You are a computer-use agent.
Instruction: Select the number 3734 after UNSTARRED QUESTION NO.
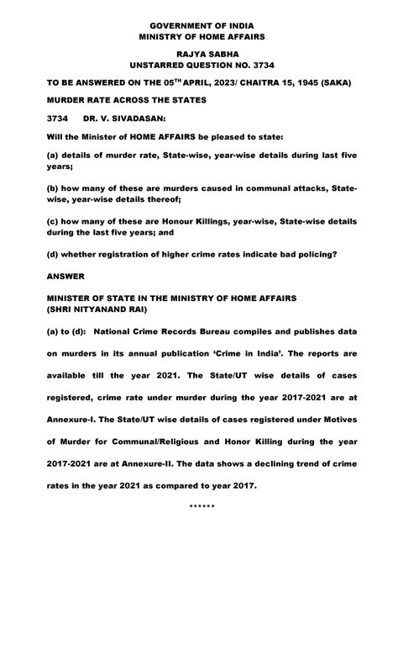tap(258, 65)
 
